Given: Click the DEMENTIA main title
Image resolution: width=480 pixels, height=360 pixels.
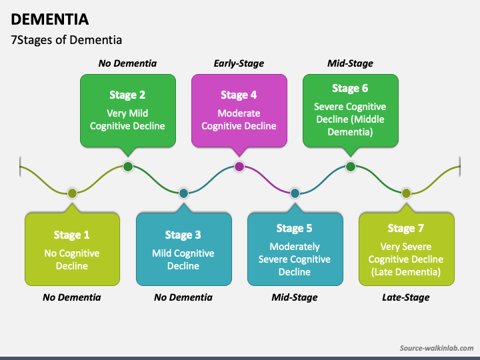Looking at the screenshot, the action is [50, 19].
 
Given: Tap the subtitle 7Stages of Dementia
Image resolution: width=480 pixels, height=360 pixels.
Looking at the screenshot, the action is [67, 40].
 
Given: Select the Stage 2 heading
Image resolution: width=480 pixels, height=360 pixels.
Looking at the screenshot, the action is [127, 95].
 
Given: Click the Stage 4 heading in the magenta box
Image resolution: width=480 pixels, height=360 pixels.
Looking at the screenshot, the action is [239, 95].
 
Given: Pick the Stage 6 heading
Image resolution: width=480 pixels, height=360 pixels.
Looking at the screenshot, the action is [350, 88].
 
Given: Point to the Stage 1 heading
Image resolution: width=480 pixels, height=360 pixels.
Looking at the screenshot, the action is [71, 235].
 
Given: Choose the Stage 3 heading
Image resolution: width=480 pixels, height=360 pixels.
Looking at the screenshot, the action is [183, 235].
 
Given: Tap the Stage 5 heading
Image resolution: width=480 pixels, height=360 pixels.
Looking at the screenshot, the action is [295, 228].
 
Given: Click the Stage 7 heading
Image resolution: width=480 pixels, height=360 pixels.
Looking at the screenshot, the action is [406, 228].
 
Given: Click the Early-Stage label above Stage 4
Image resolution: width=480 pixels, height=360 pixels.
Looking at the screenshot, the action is [239, 63].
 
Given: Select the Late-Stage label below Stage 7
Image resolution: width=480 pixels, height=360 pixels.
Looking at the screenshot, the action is [406, 297].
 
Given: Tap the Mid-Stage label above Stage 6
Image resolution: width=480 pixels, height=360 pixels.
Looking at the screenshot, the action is [350, 63].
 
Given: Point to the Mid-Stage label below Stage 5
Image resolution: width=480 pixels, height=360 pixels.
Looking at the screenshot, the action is [295, 297].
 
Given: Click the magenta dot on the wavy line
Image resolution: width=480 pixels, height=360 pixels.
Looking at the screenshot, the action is [239, 167].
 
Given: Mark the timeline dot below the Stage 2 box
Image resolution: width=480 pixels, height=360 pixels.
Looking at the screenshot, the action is [128, 167].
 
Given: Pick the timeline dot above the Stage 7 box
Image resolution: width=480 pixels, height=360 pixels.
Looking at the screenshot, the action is [406, 193].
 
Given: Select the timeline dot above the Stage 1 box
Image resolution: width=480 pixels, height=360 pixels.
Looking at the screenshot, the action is [72, 193].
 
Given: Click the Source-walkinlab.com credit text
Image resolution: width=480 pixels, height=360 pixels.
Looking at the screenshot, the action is [437, 348].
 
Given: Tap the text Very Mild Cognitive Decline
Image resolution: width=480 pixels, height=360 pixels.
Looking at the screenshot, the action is [127, 120].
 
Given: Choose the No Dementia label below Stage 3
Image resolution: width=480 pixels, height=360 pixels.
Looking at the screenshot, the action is [183, 297].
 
